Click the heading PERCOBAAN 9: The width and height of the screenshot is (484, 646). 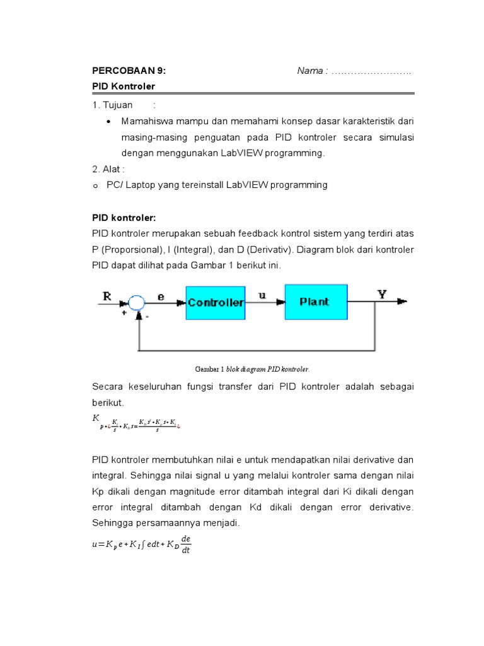129,71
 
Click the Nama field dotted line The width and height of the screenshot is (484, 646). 371,71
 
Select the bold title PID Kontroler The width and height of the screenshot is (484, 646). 124,86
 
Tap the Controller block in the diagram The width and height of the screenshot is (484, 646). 216,302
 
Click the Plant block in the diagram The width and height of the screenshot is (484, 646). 314,302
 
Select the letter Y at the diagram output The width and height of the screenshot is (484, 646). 382,294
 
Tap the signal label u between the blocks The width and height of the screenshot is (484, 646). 262,294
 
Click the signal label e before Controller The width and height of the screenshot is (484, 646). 161,295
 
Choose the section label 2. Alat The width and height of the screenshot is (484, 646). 108,169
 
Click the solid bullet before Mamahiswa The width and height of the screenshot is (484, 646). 109,121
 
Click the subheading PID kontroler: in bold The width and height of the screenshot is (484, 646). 124,218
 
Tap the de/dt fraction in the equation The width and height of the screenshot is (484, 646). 185,544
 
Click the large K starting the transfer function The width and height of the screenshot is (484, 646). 96,418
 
